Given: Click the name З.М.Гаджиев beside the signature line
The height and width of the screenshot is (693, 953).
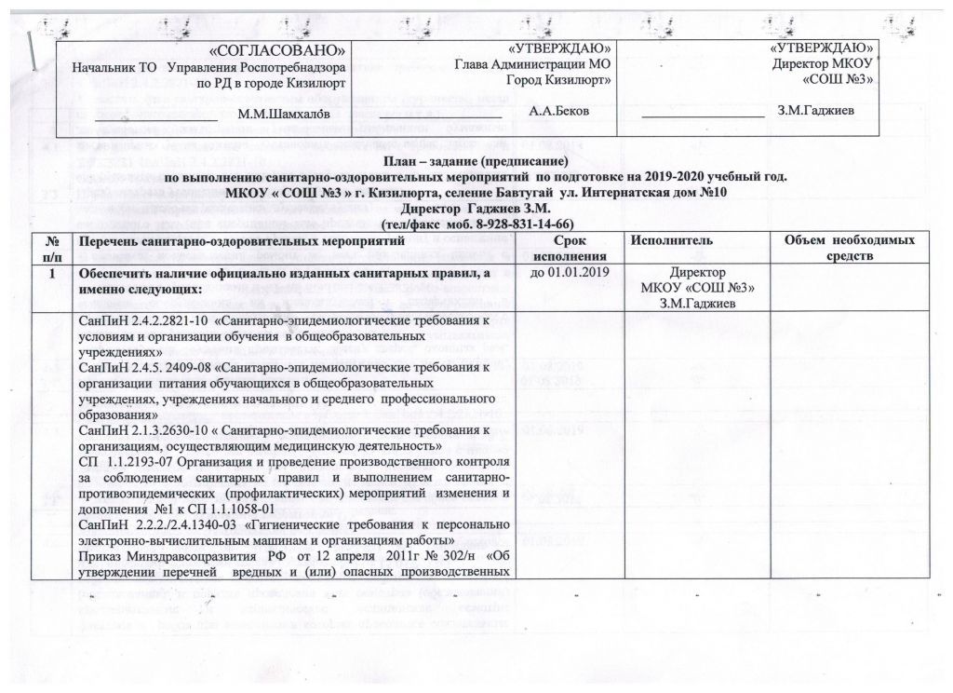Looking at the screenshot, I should point(817,111).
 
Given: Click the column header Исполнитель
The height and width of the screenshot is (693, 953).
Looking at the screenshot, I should point(673,241).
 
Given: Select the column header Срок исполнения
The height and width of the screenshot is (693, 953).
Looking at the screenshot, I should point(572,248).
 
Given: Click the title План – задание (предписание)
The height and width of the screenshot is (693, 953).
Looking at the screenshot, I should point(476,160).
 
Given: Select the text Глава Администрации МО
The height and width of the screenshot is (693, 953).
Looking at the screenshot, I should point(532,64).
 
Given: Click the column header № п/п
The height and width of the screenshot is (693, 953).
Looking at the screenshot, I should point(52,248).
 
